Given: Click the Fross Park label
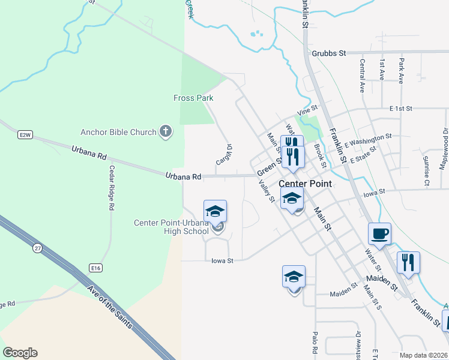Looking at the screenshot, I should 193,98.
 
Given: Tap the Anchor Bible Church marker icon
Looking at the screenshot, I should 166,131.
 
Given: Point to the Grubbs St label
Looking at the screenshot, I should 330,53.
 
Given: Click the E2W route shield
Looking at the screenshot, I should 25,135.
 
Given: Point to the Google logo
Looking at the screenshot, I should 20,353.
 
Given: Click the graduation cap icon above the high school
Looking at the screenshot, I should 215,211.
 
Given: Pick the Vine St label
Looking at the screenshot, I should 306,111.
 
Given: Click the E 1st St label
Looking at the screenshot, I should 401,109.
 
